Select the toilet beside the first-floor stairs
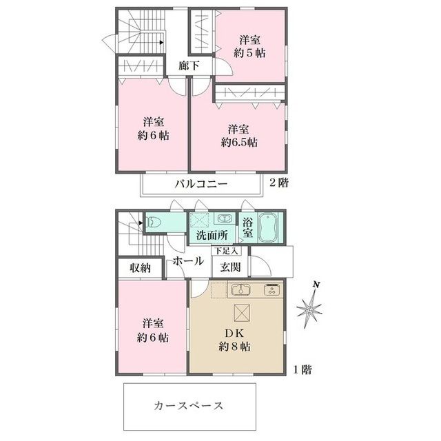(156, 223)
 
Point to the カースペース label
(188, 405)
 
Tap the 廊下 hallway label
(188, 66)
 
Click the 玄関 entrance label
(231, 267)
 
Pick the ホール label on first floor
(187, 261)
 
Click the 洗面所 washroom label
(212, 235)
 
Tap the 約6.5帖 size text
(239, 143)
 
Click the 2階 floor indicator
(278, 183)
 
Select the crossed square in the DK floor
(243, 312)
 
